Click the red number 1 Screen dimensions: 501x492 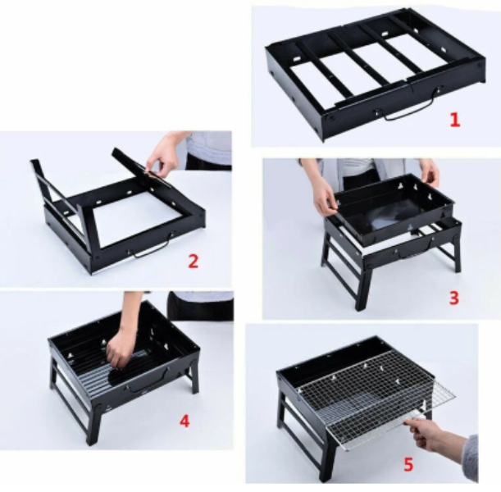(454, 120)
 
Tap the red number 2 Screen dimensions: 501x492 (193, 261)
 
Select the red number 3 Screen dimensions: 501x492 (453, 298)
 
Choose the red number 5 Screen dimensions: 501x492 (408, 464)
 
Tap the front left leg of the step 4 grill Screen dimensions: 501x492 (93, 425)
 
